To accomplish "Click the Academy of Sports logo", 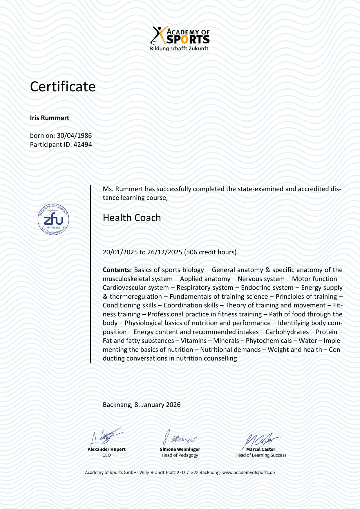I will coord(180,35).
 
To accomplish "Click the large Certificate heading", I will coord(63,87).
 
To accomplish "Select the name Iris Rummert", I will coord(50,118).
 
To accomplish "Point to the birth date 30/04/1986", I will coord(74,136).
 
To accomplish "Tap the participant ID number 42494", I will coord(83,145).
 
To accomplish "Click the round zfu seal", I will coord(53,219).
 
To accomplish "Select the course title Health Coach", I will coord(132,218).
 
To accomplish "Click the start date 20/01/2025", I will coord(120,252).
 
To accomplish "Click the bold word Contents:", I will coord(117,270).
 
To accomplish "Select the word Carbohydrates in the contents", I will coord(287,332).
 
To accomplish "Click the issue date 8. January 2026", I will coord(157,405).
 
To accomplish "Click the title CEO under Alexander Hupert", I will coord(106,455).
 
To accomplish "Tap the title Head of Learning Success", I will coord(260,455).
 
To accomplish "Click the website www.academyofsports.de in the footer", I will coord(248,472).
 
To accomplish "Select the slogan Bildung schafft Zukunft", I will coord(180,49).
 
